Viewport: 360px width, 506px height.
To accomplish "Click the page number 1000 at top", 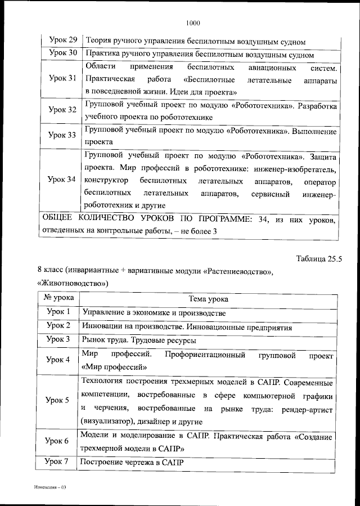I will tap(192, 23).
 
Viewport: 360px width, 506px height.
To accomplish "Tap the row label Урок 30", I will tap(62, 54).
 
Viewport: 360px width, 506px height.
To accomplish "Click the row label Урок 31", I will tap(62, 79).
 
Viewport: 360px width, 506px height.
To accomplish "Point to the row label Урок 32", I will tap(62, 110).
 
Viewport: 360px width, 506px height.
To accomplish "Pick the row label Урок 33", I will tap(62, 136).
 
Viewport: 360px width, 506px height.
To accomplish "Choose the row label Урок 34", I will tap(62, 180).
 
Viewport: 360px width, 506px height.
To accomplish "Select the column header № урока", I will tap(58, 299).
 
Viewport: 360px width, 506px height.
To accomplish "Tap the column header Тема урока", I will tap(208, 299).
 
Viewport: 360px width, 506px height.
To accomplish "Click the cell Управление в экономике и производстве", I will tap(154, 312).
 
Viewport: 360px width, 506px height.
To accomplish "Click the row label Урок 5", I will tap(58, 401).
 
